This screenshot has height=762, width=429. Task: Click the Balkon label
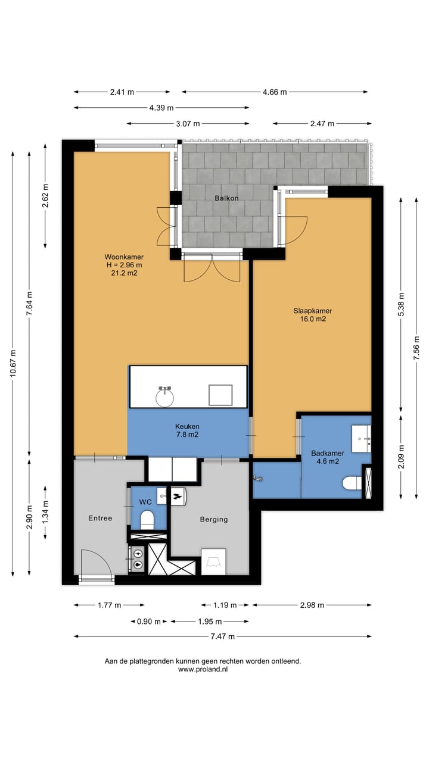[226, 198]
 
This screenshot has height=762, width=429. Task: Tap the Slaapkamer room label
[313, 311]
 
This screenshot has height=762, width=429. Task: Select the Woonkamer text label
[124, 257]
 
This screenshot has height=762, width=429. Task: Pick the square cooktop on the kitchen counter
[220, 395]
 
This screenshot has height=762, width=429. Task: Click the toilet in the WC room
[147, 520]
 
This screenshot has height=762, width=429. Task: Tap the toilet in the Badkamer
[352, 483]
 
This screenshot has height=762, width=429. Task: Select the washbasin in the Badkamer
[361, 439]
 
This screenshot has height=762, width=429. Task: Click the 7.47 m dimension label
[223, 636]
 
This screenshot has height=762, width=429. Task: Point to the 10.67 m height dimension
[13, 363]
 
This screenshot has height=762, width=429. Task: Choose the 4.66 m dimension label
[275, 92]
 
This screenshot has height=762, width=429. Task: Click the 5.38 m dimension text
[401, 304]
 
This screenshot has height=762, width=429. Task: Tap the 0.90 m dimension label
[149, 622]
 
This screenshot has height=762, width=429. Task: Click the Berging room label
[214, 520]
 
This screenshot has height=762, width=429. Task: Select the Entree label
[100, 518]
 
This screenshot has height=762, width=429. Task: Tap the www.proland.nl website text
[203, 669]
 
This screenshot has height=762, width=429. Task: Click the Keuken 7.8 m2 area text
[187, 430]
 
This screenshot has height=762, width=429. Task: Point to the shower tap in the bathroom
[257, 479]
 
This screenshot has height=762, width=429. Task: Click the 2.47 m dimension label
[322, 123]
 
